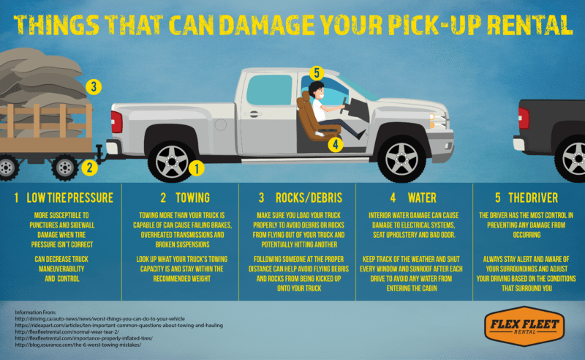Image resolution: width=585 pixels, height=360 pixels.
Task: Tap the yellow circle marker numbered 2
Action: (x=89, y=168)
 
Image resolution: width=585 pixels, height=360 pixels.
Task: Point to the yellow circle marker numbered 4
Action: (x=335, y=144)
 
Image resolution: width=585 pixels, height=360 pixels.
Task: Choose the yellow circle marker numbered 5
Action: (x=316, y=72)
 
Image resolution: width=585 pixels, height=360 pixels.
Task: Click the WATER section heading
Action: (x=414, y=198)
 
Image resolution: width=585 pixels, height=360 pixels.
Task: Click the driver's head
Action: (x=315, y=92)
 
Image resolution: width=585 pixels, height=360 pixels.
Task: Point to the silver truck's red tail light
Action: (x=115, y=121)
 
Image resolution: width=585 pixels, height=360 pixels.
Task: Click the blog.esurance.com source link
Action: (x=81, y=345)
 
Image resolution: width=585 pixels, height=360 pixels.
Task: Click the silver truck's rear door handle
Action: (x=254, y=114)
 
